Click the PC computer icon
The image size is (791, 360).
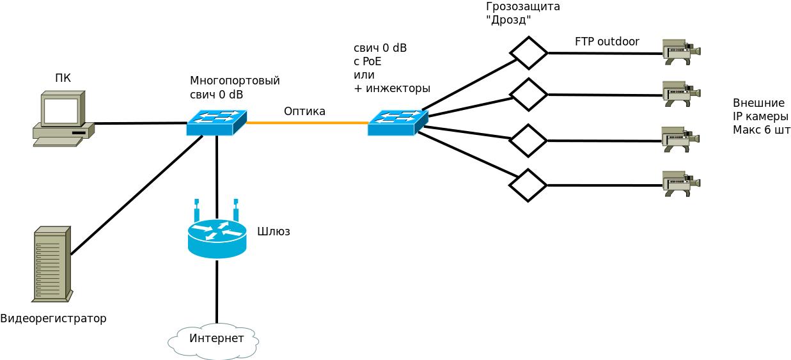click(63, 119)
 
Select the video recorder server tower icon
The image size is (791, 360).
click(52, 264)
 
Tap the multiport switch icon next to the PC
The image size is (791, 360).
click(216, 123)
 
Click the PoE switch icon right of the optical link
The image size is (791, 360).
click(397, 123)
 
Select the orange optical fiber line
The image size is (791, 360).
click(307, 123)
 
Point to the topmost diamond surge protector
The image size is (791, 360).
click(528, 53)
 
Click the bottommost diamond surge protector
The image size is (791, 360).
click(528, 185)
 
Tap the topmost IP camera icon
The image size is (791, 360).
click(680, 52)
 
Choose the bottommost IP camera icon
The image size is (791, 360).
click(680, 184)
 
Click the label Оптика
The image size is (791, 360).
click(304, 111)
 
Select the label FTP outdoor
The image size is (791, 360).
click(606, 42)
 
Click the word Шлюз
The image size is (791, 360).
click(273, 231)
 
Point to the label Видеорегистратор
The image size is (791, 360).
click(53, 318)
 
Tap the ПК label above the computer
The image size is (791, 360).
click(63, 78)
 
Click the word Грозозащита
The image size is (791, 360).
click(522, 6)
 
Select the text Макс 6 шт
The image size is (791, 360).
click(761, 130)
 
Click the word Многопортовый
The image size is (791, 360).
click(235, 81)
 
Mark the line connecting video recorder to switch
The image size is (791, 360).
click(136, 196)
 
